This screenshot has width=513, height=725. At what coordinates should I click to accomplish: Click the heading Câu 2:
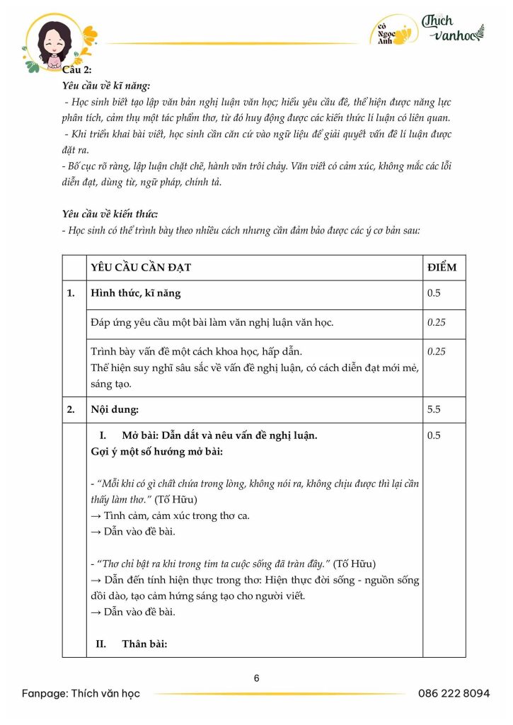click(x=77, y=69)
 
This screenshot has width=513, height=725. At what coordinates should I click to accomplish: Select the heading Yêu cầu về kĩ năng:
click(x=106, y=86)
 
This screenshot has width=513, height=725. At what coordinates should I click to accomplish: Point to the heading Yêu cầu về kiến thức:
click(x=110, y=214)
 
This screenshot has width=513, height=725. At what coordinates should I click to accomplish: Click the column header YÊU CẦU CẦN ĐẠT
click(x=141, y=268)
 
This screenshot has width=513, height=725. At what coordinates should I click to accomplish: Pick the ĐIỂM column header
click(x=442, y=268)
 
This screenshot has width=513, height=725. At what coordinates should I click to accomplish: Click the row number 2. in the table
click(x=71, y=409)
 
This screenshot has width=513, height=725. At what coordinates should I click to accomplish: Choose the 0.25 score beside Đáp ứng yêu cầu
click(x=437, y=322)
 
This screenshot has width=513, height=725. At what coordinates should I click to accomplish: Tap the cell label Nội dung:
click(x=115, y=409)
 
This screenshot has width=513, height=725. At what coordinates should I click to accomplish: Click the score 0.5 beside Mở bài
click(x=434, y=435)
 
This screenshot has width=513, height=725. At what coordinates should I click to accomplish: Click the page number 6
click(x=256, y=678)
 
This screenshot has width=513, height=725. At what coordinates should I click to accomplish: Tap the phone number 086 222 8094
click(x=454, y=693)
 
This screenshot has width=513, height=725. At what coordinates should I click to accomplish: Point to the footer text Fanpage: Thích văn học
click(x=81, y=693)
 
